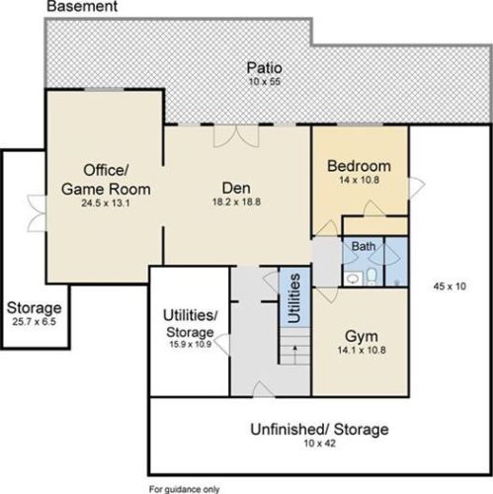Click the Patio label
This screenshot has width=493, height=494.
click(265, 68)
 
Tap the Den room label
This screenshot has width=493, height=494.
click(236, 188)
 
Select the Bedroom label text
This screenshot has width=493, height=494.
click(359, 166)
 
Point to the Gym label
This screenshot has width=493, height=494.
click(362, 337)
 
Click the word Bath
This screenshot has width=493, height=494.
click(364, 246)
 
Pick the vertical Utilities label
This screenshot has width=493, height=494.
click(294, 298)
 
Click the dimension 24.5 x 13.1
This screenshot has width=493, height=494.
click(106, 203)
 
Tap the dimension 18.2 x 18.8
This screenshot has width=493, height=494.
click(236, 202)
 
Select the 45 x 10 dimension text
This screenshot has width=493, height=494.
click(450, 287)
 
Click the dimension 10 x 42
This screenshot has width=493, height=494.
click(319, 444)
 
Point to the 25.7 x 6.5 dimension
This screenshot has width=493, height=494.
click(35, 322)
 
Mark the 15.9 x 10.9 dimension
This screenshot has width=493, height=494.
click(191, 344)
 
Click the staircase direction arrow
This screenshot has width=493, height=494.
click(295, 355)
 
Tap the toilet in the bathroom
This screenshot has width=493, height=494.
click(371, 277)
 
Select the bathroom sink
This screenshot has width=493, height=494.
click(354, 280)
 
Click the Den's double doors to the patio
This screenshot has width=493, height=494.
click(236, 135)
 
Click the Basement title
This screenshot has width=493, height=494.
click(82, 6)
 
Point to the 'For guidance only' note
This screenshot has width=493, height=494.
click(184, 489)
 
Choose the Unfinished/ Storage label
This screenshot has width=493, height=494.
click(319, 430)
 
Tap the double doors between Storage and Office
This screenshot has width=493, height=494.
click(37, 213)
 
